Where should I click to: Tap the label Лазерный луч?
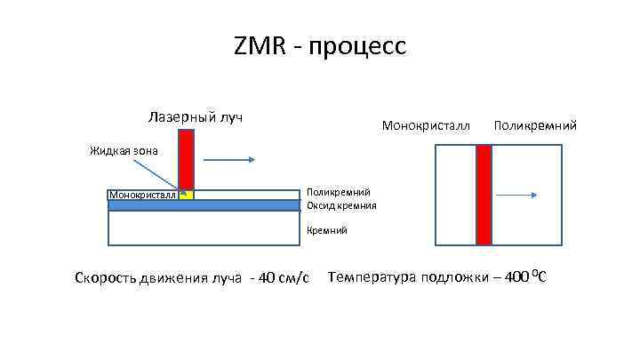click(196, 117)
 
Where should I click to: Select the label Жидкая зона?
click(124, 150)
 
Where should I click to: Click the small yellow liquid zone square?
click(185, 194)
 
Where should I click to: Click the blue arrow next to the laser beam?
click(230, 160)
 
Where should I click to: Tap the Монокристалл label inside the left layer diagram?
click(142, 195)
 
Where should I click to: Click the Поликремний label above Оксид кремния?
click(338, 192)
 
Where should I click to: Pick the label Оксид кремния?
click(341, 205)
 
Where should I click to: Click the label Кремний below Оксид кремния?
click(327, 230)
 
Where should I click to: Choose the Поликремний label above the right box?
click(534, 126)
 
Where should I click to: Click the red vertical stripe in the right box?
click(484, 195)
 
